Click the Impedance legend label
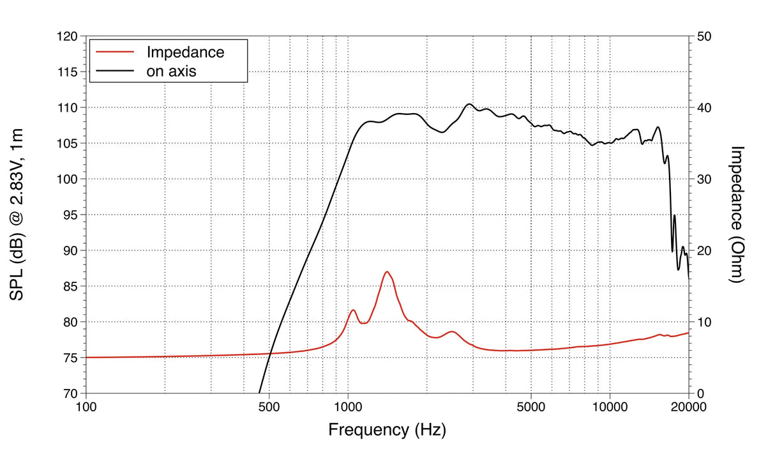pos(185,52)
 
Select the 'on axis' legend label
pos(171,71)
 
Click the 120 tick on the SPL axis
pos(67,37)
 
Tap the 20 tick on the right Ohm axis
pos(704,251)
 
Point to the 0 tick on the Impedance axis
pos(700,393)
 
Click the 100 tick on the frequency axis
pos(86,407)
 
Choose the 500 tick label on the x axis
pos(269,407)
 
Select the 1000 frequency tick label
pos(348,407)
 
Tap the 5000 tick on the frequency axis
pos(531,407)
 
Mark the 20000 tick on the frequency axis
pos(688,407)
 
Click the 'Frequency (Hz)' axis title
pos(387,429)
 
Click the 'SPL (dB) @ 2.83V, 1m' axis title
pos(17,215)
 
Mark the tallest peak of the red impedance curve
pos(387,272)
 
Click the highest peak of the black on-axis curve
pos(469,104)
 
